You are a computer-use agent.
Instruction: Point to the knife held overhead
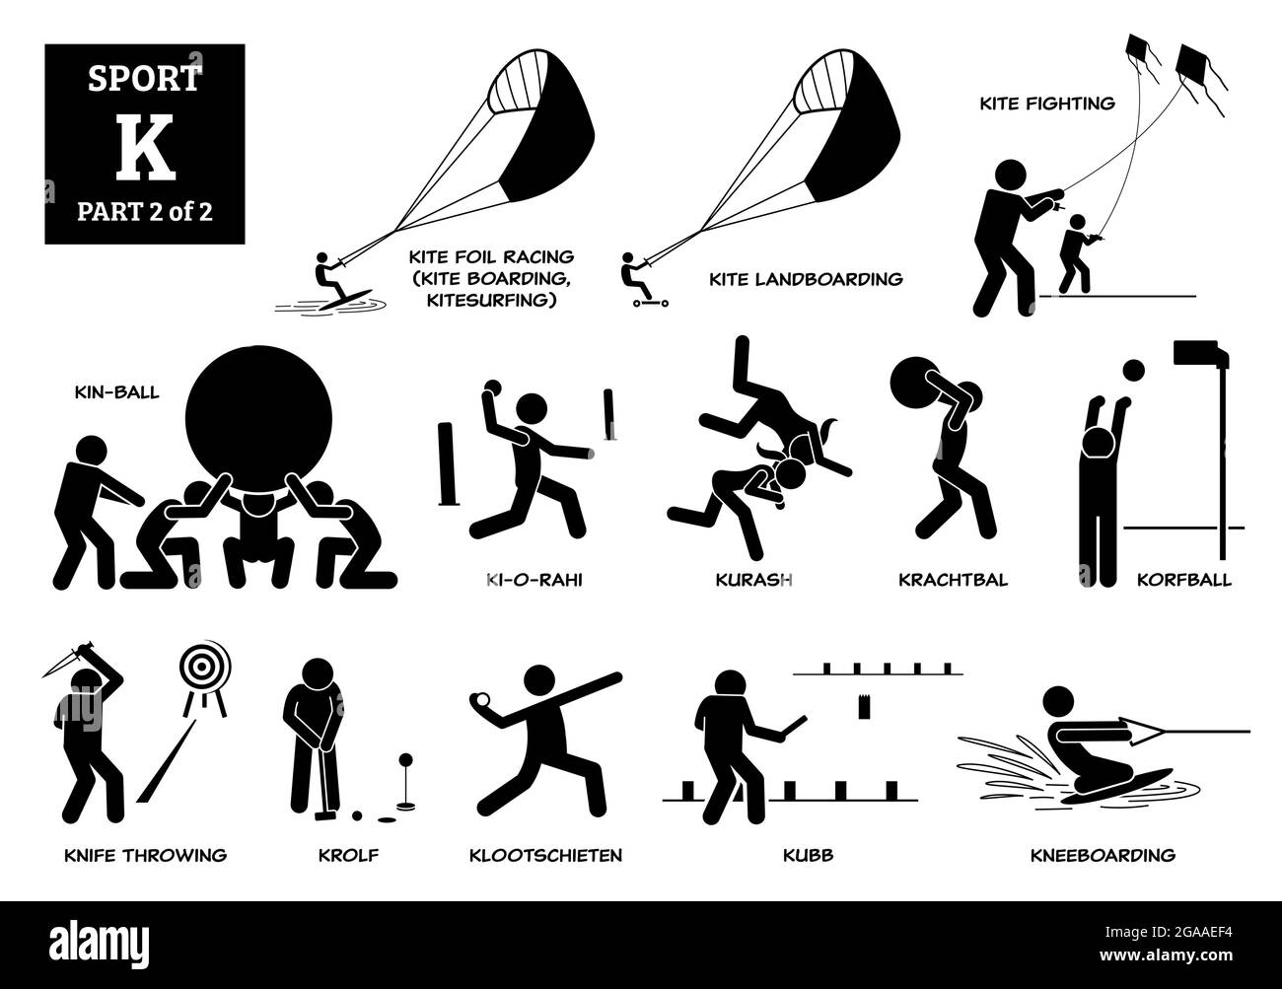point(60,655)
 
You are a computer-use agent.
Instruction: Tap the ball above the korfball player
point(1134,370)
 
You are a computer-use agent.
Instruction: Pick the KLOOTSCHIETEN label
point(545,855)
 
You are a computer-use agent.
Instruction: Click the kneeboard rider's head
point(1057,701)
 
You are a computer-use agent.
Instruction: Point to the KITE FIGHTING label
point(1048,102)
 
